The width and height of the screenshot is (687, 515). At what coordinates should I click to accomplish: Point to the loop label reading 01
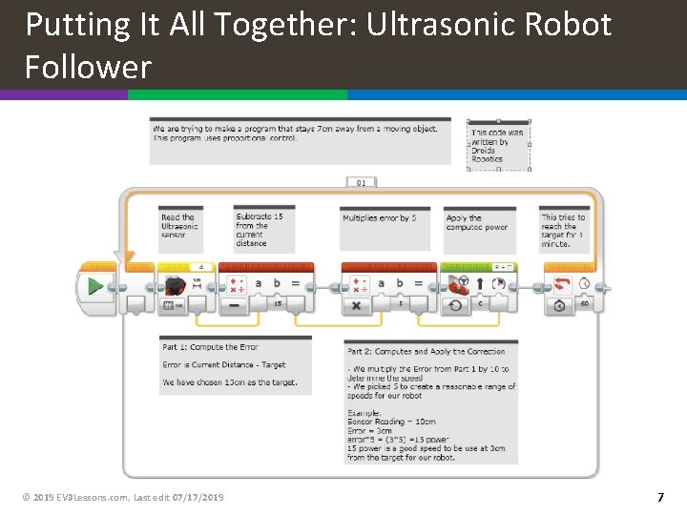coord(361,182)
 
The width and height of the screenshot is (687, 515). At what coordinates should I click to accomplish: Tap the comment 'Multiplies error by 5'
coord(380,218)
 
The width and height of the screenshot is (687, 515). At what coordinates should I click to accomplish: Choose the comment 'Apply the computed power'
coord(477,223)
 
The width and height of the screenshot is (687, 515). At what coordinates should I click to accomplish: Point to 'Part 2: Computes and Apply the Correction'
coord(427,352)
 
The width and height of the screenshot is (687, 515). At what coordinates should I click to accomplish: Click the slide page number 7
coord(660,497)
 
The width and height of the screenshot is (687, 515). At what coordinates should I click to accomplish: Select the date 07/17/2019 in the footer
coord(198,497)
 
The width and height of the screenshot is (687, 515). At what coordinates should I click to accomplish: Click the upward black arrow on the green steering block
coord(479,284)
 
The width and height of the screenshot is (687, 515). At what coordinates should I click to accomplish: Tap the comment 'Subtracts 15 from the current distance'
coord(260,230)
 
